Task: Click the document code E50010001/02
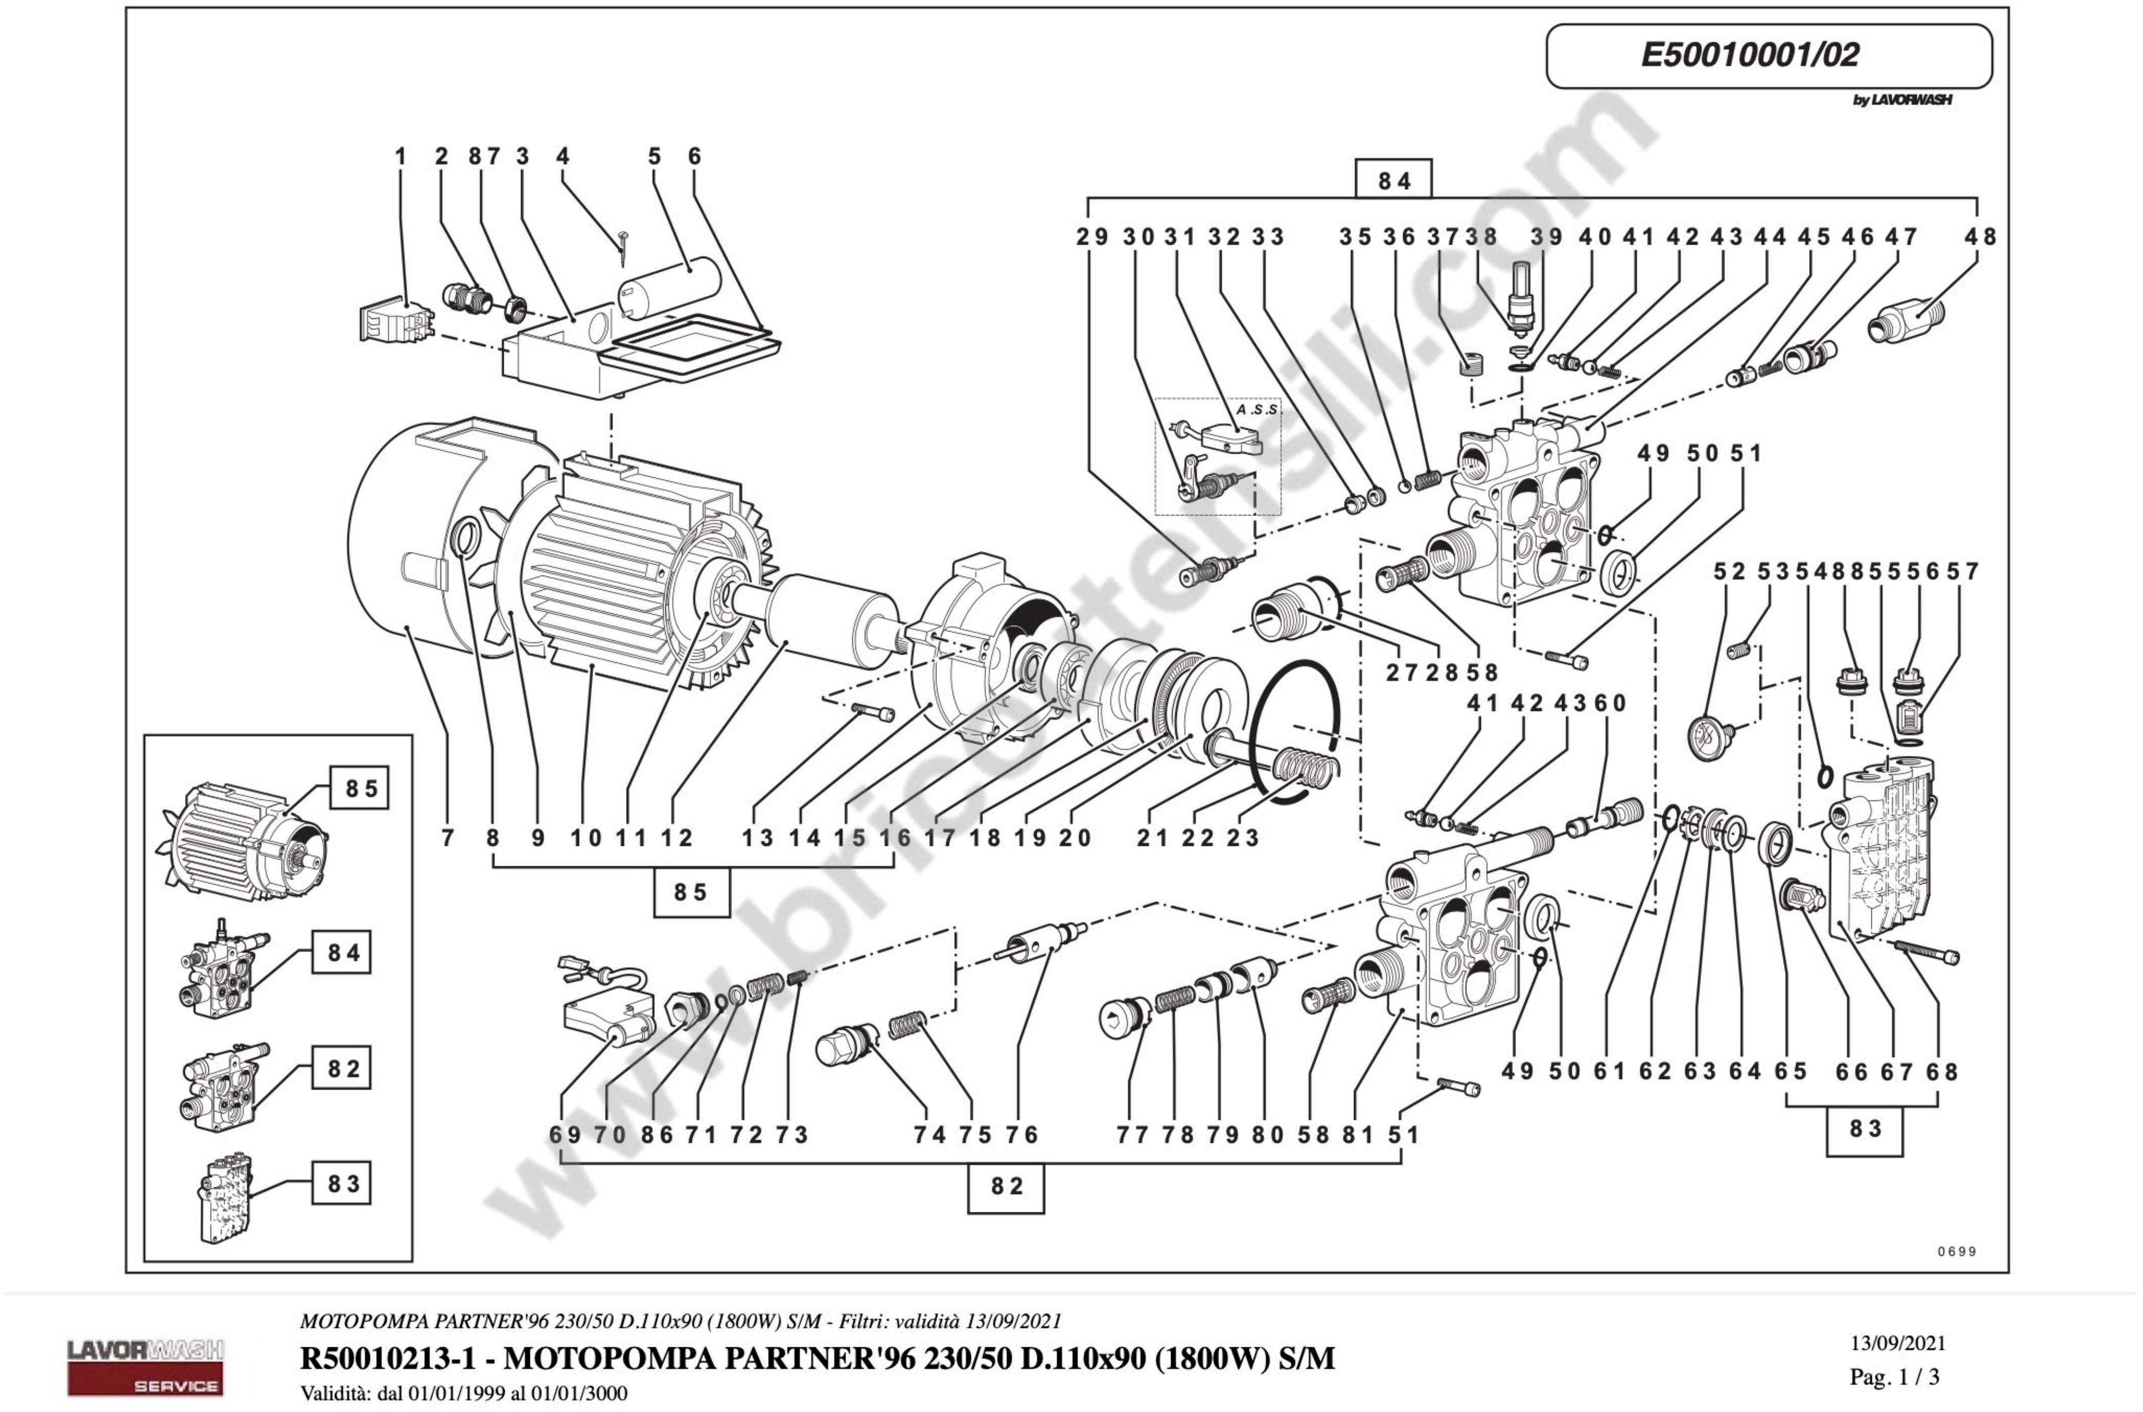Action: click(x=1749, y=55)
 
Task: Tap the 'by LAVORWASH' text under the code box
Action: click(x=1902, y=100)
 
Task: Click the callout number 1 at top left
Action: click(x=401, y=156)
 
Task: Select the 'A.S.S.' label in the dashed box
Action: click(x=1257, y=410)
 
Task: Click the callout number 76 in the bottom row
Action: click(x=1022, y=1135)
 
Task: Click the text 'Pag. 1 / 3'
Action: click(x=1894, y=1376)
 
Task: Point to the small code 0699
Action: click(x=1957, y=1251)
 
